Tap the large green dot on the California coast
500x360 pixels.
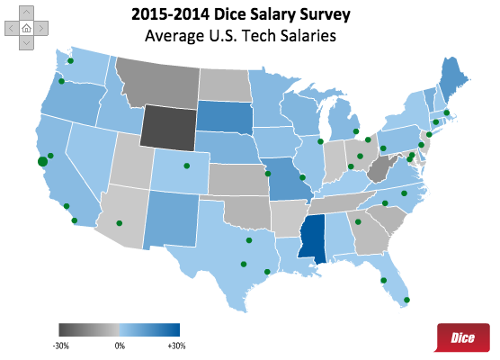[x=41, y=161]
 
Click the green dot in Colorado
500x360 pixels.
[x=186, y=165]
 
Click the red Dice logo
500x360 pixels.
[x=462, y=337]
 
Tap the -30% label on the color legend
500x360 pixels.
[x=61, y=345]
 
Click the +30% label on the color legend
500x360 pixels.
[x=176, y=345]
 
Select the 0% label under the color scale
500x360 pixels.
[x=120, y=345]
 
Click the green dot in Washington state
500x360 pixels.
[x=68, y=60]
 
